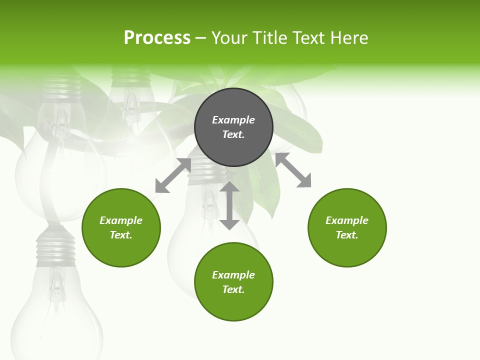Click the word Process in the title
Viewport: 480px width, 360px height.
tap(157, 38)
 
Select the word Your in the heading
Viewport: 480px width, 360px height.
tap(228, 38)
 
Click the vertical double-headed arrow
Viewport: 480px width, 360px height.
tap(229, 205)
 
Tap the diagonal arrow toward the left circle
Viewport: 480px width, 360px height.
tap(173, 175)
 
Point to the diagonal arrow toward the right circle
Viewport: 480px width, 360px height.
tap(293, 170)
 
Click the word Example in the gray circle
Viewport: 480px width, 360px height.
tap(233, 120)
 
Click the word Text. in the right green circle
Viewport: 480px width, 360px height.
tap(347, 235)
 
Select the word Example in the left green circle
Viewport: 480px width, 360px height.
tap(121, 220)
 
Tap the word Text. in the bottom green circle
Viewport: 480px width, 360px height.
tap(233, 289)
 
